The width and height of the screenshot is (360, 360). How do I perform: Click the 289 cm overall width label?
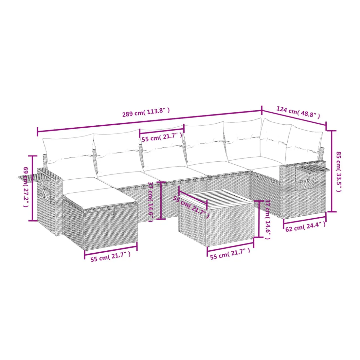pos(146,112)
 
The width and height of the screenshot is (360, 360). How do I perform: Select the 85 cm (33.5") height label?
pos(339,171)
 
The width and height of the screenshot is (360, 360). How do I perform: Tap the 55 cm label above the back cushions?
pos(162,137)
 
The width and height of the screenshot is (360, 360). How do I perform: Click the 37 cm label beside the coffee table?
pos(268,219)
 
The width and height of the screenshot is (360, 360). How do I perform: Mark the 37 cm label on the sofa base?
pos(151,202)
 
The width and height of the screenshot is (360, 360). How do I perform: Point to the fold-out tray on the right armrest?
pos(312,169)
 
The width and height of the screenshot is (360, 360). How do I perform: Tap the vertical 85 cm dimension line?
pos(332,171)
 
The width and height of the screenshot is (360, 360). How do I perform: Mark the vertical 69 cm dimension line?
pos(33,188)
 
